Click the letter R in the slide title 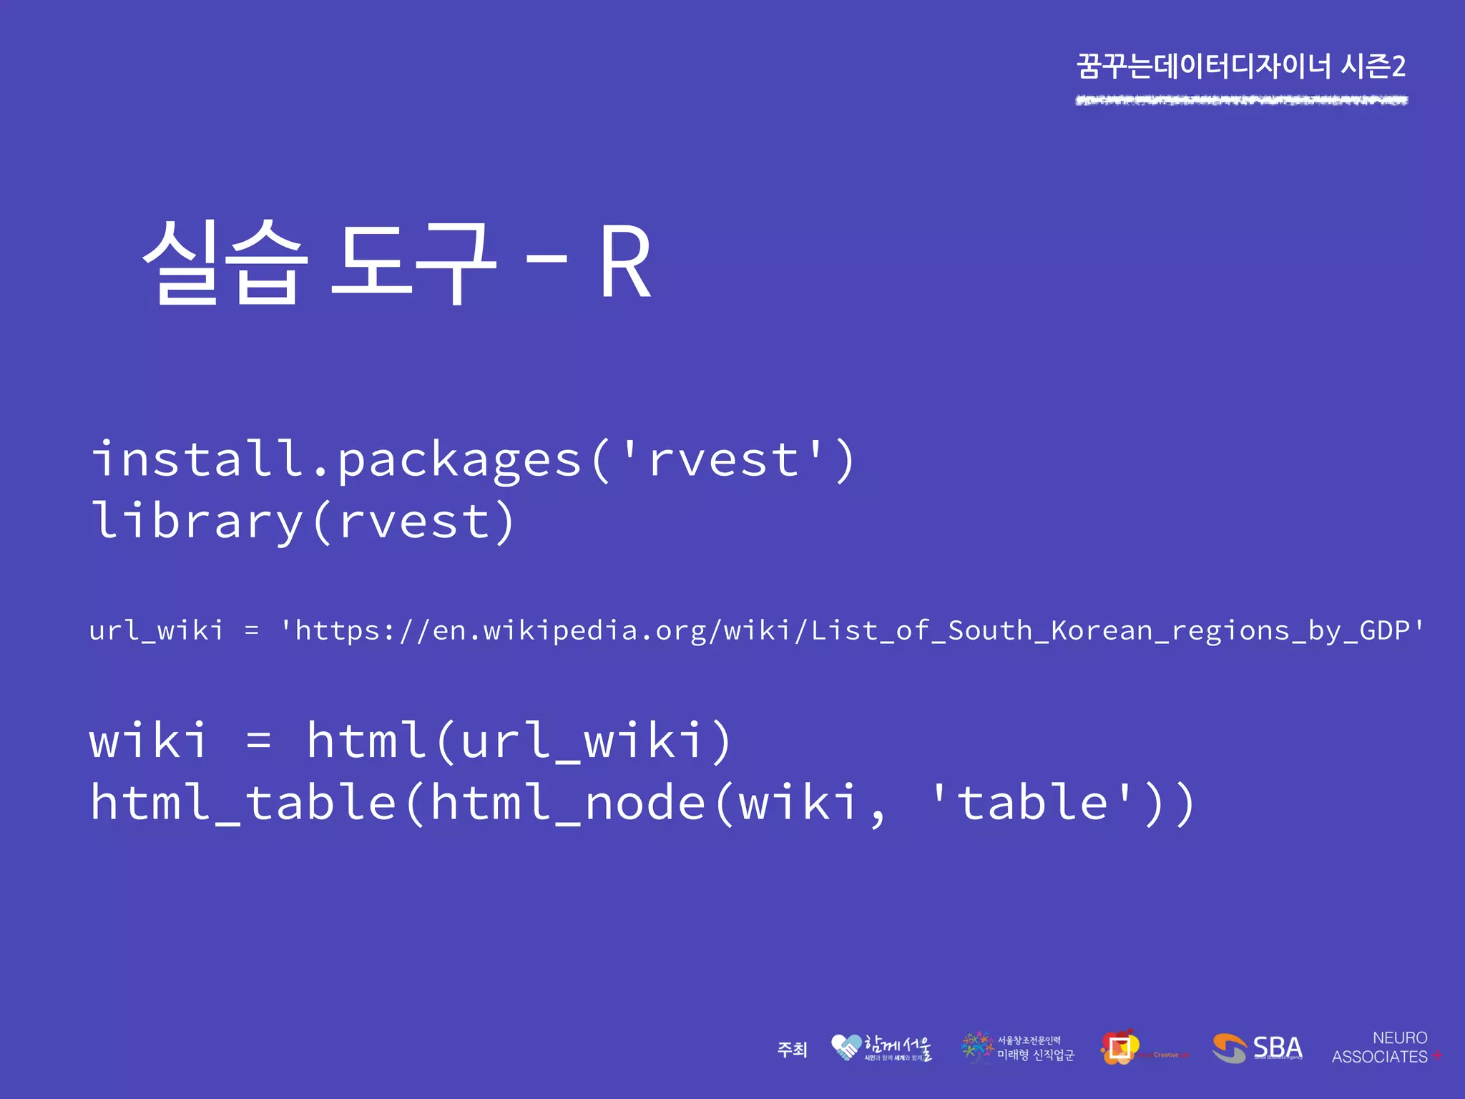625,262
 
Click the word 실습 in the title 225,262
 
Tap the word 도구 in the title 413,262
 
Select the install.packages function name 336,459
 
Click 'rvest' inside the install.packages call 722,459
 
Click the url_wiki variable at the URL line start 156,630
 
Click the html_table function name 243,803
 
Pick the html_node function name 569,803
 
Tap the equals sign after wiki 258,741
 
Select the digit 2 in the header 1398,67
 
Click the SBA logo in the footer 1258,1048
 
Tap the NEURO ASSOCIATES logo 1385,1047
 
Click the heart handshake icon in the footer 846,1047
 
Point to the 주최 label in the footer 792,1050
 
